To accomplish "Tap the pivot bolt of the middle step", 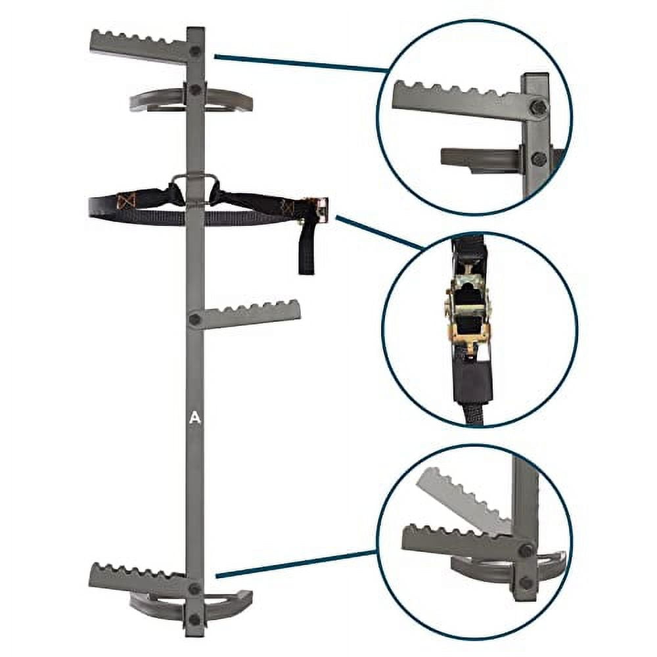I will pyautogui.click(x=194, y=319).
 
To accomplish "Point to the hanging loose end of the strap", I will pyautogui.click(x=307, y=250).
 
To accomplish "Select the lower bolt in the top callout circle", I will pyautogui.click(x=539, y=158).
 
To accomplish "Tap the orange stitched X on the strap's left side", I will pyautogui.click(x=125, y=198).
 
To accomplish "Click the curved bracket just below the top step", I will pyautogui.click(x=191, y=100).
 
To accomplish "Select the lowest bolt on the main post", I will pyautogui.click(x=194, y=619).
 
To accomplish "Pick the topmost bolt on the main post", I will pyautogui.click(x=195, y=51).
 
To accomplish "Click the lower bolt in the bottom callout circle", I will pyautogui.click(x=526, y=582).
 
